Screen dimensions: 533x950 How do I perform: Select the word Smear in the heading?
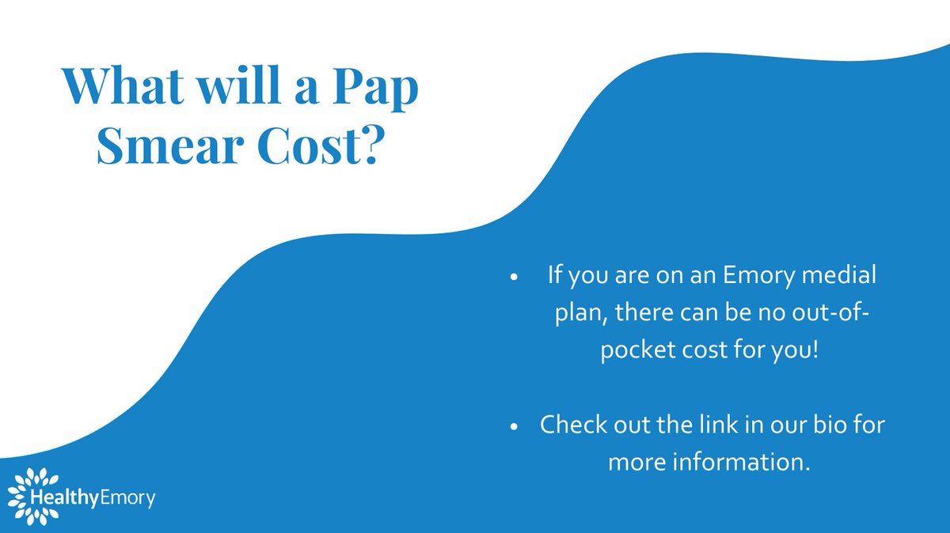click(157, 148)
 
